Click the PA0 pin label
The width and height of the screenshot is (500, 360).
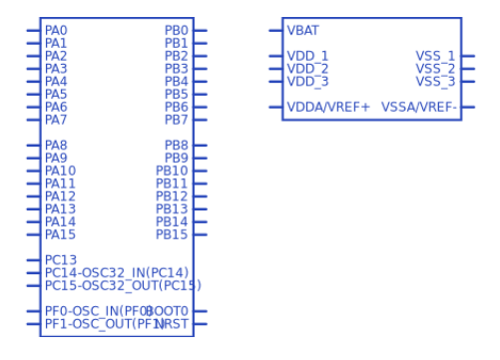point(56,31)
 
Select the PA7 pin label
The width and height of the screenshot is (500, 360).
point(56,120)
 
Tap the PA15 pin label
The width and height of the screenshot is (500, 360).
point(60,234)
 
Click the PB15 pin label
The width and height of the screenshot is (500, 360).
point(173,234)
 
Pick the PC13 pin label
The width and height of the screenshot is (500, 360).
point(61,260)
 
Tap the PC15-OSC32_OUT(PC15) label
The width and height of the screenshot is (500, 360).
point(123,285)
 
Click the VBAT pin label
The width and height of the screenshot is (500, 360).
point(303,31)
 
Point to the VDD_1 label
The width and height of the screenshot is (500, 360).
point(307,56)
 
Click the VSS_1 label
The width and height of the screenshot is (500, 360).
point(435,56)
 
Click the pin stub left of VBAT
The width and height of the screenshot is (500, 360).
point(275,31)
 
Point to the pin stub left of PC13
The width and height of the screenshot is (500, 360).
point(34,260)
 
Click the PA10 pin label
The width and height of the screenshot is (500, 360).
point(60,171)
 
